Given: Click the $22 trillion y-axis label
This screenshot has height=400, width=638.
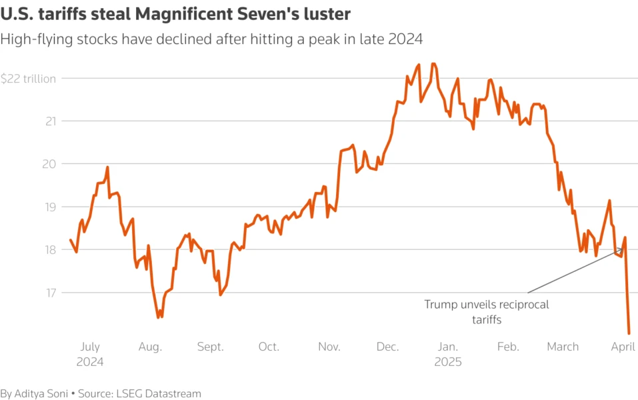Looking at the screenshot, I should coord(28,79).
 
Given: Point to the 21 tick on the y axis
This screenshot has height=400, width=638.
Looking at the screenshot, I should coord(49,121).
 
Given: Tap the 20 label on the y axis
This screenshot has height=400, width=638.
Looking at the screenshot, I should coord(49,164).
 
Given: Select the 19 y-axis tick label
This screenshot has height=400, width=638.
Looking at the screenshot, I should coord(49,207).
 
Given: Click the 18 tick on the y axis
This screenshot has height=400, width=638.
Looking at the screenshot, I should coord(49,250).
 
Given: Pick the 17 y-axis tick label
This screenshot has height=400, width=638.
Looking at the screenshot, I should coord(49,293).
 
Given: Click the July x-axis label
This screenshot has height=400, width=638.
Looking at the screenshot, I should coord(90,347).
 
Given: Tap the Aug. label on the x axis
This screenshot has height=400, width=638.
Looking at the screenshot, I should coord(150,347).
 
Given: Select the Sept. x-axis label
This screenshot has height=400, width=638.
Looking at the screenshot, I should coord(211,347).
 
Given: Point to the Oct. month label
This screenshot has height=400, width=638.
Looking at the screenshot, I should coord(269,347).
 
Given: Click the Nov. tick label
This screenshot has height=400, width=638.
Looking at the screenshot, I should coord(329,347).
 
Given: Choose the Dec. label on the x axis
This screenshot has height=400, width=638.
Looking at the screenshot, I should coord(387,347).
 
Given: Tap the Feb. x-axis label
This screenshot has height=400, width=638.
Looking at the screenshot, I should coord(508,347).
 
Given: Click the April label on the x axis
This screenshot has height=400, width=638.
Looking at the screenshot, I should coord(623,347).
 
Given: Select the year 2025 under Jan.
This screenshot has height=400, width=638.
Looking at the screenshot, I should coord(447,362).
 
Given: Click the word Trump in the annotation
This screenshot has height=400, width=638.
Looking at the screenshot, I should coord(441,305).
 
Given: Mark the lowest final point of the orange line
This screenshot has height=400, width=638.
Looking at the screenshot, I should coord(629,333).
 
